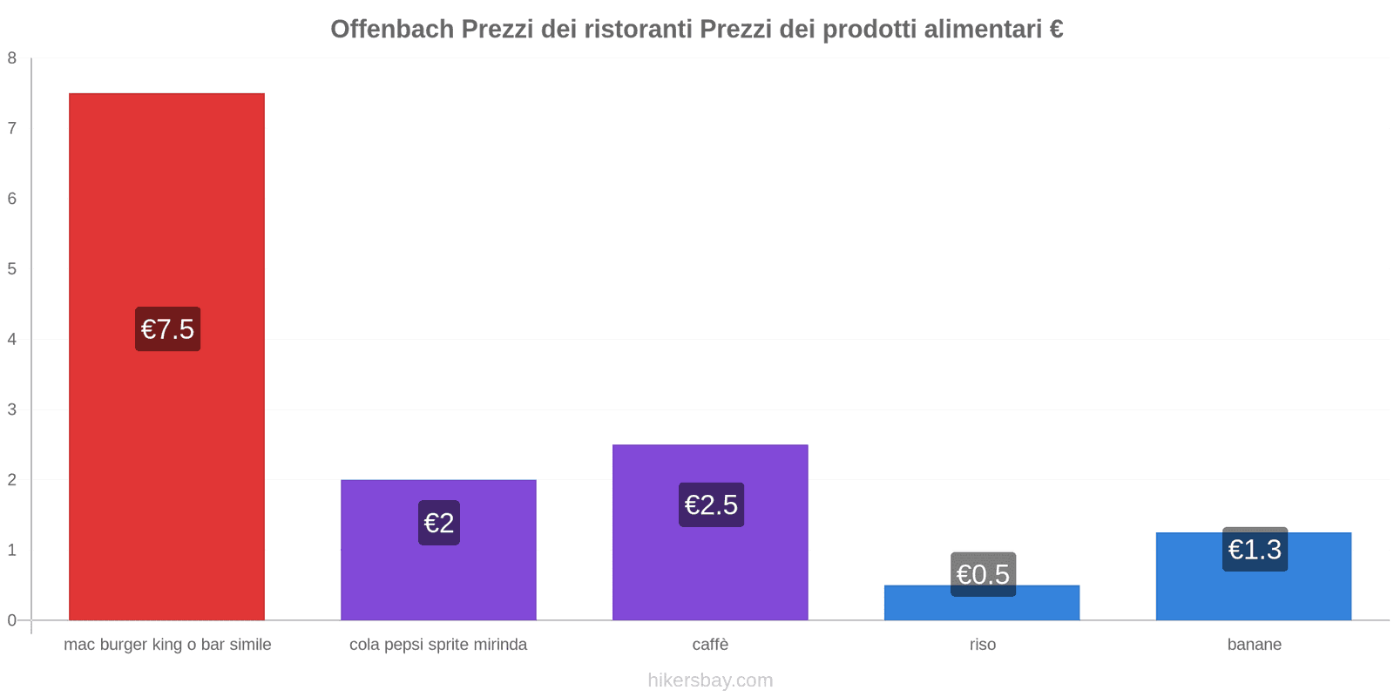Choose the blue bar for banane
(1254, 592)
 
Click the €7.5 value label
(167, 329)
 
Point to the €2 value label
(438, 523)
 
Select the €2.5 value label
(711, 504)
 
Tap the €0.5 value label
(983, 574)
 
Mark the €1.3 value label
(1255, 549)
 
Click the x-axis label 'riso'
(982, 645)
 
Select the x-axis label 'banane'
(1254, 645)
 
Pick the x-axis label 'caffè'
(710, 645)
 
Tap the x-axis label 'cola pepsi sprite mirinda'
(438, 645)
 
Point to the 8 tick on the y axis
(12, 58)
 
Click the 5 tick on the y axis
(12, 269)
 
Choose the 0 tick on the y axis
(12, 620)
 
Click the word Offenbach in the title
(392, 30)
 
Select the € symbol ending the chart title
(1055, 30)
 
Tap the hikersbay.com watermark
(710, 680)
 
